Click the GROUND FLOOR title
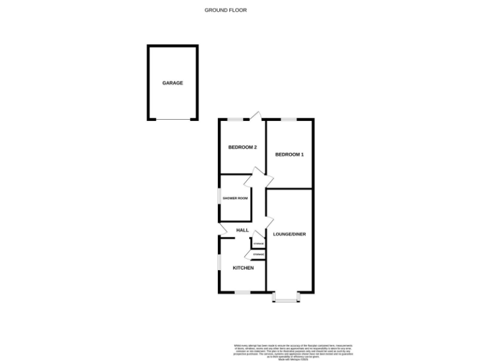point(226,10)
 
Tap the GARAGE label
point(173,83)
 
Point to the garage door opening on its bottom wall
point(173,119)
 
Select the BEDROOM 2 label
point(242,147)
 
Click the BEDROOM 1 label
point(290,154)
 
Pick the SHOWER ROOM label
point(235,199)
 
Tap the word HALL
point(243,231)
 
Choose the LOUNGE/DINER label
point(289,234)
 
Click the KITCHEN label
point(243,268)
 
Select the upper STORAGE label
point(258,243)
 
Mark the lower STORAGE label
point(258,254)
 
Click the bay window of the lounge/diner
point(286,300)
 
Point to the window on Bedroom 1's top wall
point(289,119)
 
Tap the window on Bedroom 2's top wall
point(235,119)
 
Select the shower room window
point(219,199)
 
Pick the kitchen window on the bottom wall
point(243,292)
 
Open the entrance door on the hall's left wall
point(223,230)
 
